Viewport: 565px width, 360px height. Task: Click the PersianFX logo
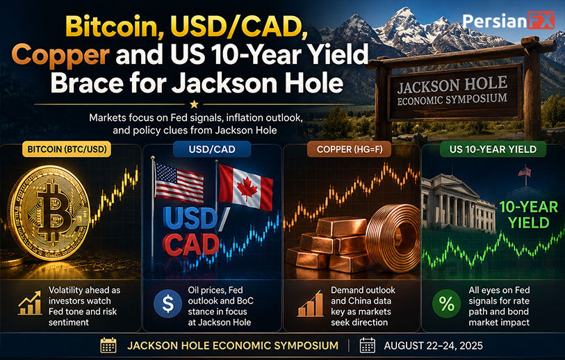509,21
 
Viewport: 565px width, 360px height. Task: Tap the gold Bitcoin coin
49,213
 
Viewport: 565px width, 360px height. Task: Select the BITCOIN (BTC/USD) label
67,149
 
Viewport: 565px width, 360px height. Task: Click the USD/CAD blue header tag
212,149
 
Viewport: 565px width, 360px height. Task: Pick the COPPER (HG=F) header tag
349,149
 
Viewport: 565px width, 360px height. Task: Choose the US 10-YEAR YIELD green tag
493,149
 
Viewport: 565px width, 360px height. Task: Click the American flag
179,183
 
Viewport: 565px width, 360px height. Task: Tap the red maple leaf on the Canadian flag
247,189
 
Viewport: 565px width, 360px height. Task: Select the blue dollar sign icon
168,304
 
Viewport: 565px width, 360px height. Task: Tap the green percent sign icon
446,304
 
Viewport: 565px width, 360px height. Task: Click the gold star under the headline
194,104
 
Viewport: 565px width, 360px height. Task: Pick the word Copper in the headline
60,55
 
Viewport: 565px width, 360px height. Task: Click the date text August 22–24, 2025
433,346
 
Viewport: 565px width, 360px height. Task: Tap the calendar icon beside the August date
368,345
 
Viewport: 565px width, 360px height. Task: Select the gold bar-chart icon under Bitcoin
31,304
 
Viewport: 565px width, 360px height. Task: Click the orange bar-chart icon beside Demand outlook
310,304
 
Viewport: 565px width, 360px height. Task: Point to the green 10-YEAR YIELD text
529,215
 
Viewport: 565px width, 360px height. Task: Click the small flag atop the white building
524,172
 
